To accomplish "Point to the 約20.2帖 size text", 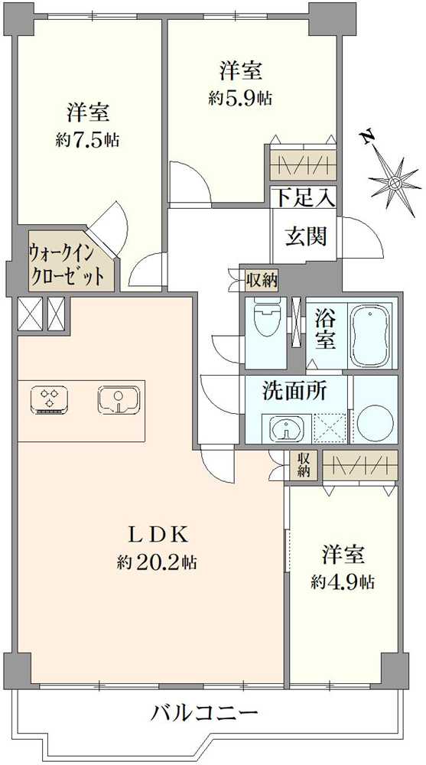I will click(x=158, y=563).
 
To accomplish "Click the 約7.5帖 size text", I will click(x=87, y=140).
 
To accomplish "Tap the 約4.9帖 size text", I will click(x=342, y=581).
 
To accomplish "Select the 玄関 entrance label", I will click(x=307, y=236).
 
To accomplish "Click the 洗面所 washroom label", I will click(x=294, y=392).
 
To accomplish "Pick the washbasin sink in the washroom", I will click(x=286, y=428).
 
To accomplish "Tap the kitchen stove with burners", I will click(x=51, y=399).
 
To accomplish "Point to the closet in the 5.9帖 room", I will click(x=303, y=164).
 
